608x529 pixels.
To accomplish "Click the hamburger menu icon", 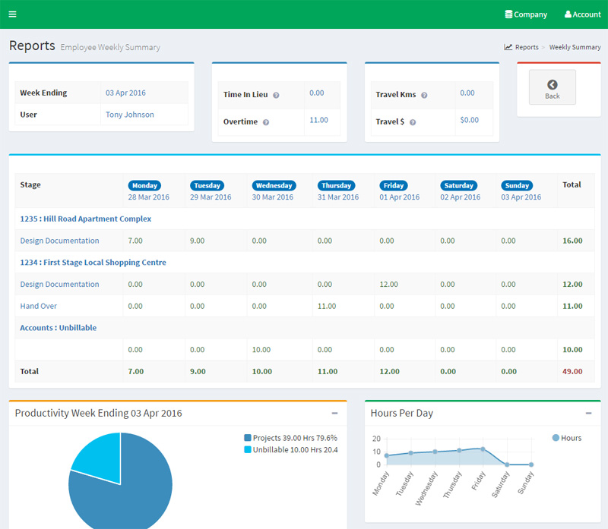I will pos(12,14).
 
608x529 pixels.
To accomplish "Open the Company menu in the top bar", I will pos(526,14).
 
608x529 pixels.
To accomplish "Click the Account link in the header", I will pos(582,14).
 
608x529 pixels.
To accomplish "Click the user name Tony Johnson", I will pos(129,115).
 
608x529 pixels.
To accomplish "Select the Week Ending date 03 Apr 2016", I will pos(125,93).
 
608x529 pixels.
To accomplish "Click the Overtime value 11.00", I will pos(318,120).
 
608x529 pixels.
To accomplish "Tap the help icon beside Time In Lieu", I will pos(276,96).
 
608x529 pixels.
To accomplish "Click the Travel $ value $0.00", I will pos(469,120).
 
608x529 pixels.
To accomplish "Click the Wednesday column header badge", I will pos(274,185).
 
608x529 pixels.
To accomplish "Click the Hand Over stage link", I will pos(38,306).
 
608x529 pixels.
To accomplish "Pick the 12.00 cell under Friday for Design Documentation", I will pos(388,284).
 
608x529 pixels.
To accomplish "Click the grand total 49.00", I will pos(572,371).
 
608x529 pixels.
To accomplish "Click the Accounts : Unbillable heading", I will pos(58,328).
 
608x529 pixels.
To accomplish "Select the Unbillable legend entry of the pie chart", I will pos(290,450).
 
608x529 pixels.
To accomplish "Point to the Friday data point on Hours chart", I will pos(483,449).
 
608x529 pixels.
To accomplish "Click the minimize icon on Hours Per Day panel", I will pos(588,413).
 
